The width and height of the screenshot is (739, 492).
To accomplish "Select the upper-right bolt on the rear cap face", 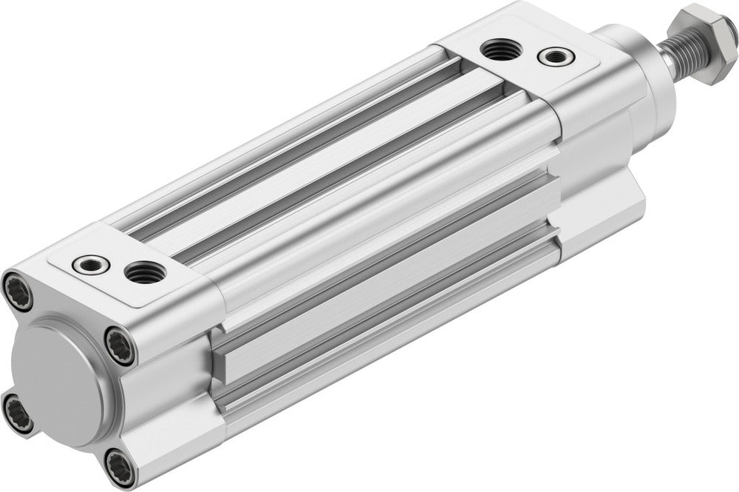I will pos(118,345).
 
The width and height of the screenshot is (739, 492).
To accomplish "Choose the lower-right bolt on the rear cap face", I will pos(118,468).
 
